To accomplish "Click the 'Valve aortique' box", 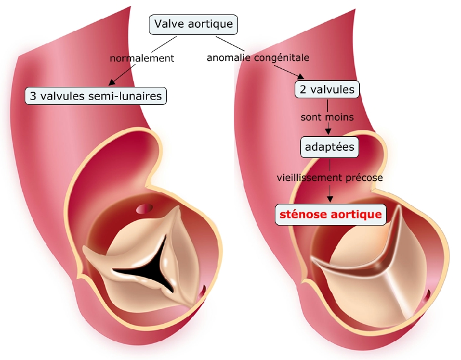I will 193,24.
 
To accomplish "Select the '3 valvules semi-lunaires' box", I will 95,95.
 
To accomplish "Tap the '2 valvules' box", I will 327,90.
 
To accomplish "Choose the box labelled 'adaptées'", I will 330,147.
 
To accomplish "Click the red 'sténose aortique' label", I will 330,214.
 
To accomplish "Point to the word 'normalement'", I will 142,58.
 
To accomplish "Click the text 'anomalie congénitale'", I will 258,58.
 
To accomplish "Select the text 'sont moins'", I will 327,117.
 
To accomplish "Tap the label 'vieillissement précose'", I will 330,178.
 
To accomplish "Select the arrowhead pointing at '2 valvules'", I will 301,76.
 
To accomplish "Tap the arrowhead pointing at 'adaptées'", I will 329,132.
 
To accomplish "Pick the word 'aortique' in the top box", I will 212,24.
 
